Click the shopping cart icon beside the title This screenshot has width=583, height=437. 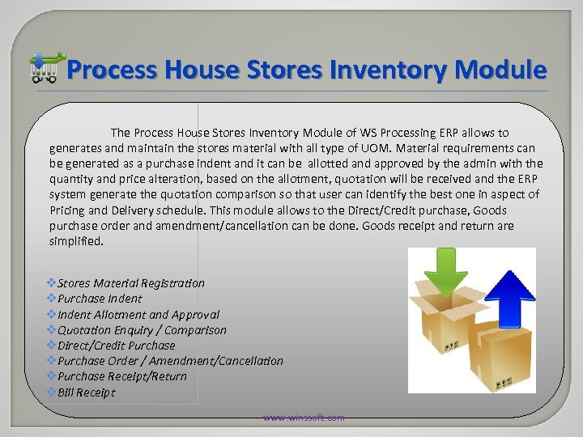point(45,68)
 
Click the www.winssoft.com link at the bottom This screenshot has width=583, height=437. point(303,418)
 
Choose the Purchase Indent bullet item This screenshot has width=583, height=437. point(98,299)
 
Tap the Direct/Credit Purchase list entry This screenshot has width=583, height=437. point(117,346)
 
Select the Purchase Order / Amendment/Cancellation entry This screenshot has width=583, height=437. point(171,361)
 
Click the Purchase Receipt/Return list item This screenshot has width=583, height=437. point(122,376)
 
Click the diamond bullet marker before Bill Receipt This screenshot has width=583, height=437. point(52,392)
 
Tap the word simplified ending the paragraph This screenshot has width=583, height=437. point(76,240)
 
